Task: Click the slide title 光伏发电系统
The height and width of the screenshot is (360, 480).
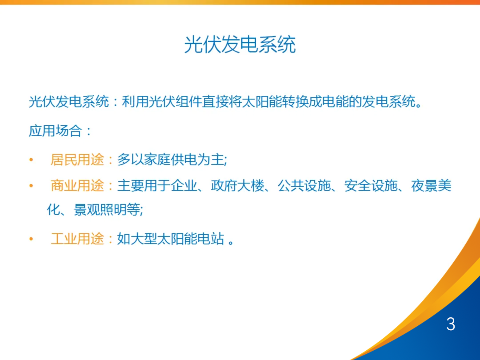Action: coord(240,45)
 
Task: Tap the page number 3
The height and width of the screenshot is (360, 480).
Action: coord(451,324)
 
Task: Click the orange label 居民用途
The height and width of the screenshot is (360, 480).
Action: coord(77,160)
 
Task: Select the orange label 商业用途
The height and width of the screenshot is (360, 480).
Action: coord(77,186)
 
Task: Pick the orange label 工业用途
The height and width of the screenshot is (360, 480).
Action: coord(77,239)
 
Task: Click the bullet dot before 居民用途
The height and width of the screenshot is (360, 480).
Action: coord(31,160)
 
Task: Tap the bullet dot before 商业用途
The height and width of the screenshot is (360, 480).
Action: coord(31,186)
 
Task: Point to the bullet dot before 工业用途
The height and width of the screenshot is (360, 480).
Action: coord(31,240)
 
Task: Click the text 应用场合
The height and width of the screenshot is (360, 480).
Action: coord(55,131)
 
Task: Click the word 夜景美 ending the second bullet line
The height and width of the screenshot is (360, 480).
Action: coord(431,186)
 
